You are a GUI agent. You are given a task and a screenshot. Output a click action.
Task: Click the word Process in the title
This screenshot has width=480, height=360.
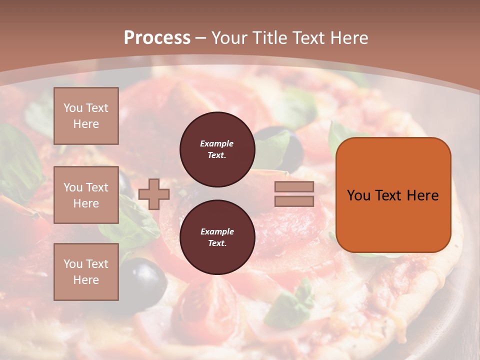click(157, 37)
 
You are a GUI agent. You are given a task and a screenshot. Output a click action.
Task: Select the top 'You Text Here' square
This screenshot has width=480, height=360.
click(86, 116)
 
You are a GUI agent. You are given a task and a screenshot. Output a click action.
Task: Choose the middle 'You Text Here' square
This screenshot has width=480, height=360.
click(86, 195)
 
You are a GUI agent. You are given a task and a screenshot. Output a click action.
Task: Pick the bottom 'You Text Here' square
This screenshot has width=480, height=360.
click(86, 272)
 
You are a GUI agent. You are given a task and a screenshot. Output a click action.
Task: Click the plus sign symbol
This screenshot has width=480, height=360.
click(154, 194)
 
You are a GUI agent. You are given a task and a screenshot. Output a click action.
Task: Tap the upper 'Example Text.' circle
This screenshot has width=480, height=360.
click(217, 149)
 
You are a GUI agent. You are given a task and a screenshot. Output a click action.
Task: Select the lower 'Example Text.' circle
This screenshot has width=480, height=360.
click(217, 237)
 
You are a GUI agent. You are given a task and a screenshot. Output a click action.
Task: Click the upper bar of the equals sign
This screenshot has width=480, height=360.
click(294, 187)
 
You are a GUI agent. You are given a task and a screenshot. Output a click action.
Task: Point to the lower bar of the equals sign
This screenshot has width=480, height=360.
click(294, 201)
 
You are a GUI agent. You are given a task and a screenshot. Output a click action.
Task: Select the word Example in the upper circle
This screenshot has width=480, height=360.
click(217, 143)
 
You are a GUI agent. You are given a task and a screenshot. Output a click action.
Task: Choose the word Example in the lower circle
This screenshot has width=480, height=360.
click(217, 231)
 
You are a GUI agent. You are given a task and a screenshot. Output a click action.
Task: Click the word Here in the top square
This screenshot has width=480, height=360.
click(86, 124)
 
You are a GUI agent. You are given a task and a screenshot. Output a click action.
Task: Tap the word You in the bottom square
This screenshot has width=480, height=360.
click(73, 264)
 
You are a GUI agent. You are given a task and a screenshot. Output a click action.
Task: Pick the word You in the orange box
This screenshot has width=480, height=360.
click(358, 195)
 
